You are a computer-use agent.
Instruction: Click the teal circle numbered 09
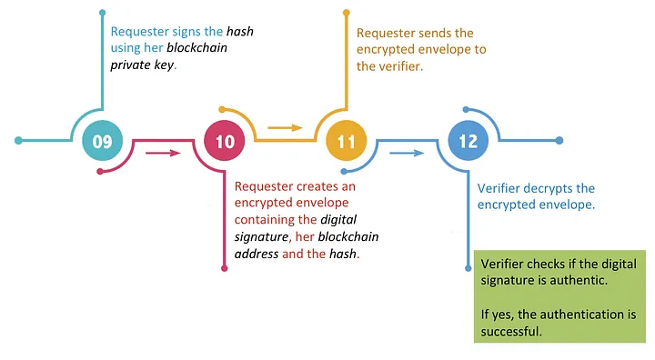pos(102,141)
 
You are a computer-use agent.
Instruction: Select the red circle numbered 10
pos(225,141)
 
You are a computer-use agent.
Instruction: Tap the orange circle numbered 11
pos(347,141)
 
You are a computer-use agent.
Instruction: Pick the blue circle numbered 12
pos(469,141)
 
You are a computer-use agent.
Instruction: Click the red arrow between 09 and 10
pos(163,153)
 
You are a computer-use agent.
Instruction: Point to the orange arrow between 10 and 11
pos(285,128)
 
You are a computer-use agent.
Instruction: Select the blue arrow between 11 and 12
pos(407,153)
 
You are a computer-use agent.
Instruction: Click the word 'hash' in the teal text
pos(239,32)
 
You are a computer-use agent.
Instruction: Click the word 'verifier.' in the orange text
pos(400,65)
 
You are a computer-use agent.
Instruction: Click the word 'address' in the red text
pos(257,254)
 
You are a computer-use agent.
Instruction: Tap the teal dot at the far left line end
pos(18,141)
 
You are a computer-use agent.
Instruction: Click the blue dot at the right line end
pos(559,141)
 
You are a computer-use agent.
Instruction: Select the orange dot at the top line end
pos(347,12)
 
